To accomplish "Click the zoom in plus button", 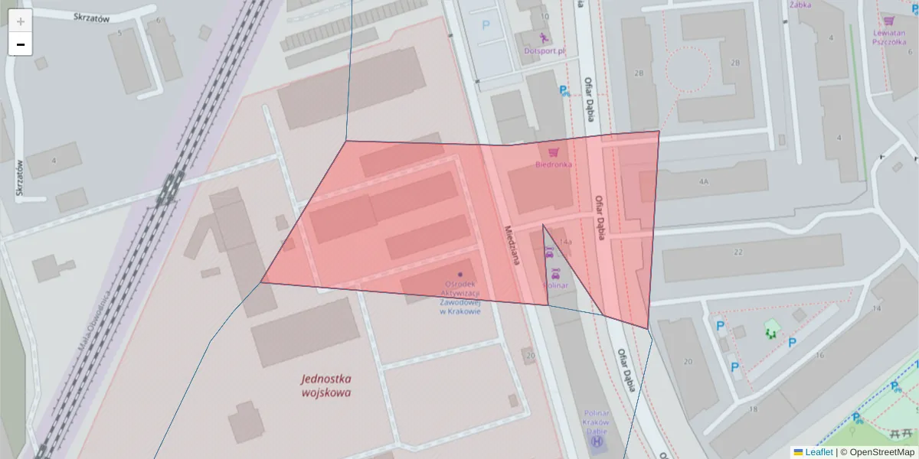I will (x=21, y=21).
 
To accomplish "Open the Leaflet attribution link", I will (x=818, y=452).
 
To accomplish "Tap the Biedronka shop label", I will (x=553, y=164).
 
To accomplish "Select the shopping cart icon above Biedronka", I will (x=553, y=152).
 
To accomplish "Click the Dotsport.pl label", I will (x=545, y=51).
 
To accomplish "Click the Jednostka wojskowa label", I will (x=326, y=386).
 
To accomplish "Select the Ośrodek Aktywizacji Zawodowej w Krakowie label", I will (x=459, y=298).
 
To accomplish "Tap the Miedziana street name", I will (x=512, y=245).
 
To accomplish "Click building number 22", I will (x=738, y=252).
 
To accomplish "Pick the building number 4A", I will (x=703, y=181).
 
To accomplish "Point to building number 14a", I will (x=565, y=243).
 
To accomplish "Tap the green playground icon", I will (x=771, y=331).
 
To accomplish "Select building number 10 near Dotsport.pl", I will (x=545, y=15).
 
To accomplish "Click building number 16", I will (x=819, y=356).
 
